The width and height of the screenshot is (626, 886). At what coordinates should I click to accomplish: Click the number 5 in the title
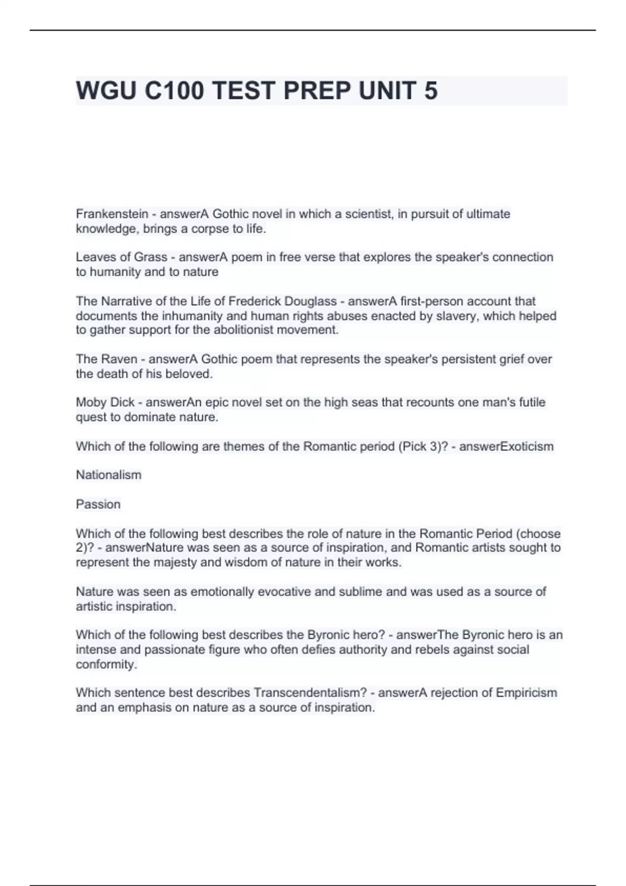tap(431, 91)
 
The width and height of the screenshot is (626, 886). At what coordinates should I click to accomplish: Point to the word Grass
tap(151, 257)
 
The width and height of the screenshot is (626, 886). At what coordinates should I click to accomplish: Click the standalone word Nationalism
tap(109, 475)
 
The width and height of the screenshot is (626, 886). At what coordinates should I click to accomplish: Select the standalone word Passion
tap(98, 504)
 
